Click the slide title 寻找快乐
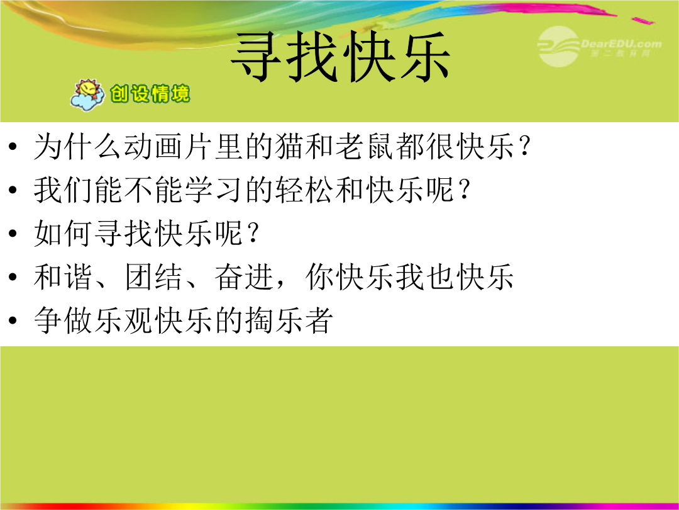[341, 57]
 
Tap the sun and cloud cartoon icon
[88, 94]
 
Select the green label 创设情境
[150, 94]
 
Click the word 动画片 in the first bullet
[169, 146]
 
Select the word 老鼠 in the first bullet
[363, 146]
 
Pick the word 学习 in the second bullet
[213, 190]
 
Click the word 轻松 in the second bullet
[303, 190]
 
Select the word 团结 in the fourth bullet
[153, 276]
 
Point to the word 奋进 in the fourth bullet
[243, 276]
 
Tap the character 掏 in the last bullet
[258, 320]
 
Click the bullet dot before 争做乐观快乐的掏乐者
[13, 320]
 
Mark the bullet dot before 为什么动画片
[13, 146]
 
